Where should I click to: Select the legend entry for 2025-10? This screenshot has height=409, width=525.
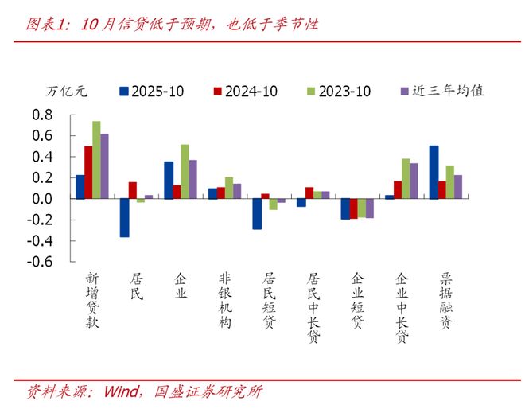pyautogui.click(x=151, y=91)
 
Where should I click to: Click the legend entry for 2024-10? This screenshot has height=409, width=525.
pyautogui.click(x=245, y=91)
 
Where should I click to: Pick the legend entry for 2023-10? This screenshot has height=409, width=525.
pyautogui.click(x=337, y=91)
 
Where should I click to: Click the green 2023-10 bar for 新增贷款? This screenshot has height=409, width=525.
pyautogui.click(x=96, y=160)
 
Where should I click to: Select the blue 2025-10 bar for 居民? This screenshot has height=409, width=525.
pyautogui.click(x=125, y=217)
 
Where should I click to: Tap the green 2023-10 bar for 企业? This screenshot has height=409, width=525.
pyautogui.click(x=185, y=171)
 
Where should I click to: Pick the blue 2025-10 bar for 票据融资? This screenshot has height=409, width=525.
pyautogui.click(x=434, y=172)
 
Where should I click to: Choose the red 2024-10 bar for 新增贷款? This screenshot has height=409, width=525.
pyautogui.click(x=88, y=172)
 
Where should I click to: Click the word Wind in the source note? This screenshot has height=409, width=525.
pyautogui.click(x=119, y=391)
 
